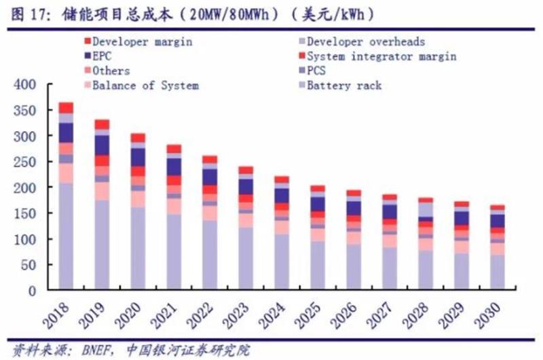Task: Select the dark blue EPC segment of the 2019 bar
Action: tap(102, 145)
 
